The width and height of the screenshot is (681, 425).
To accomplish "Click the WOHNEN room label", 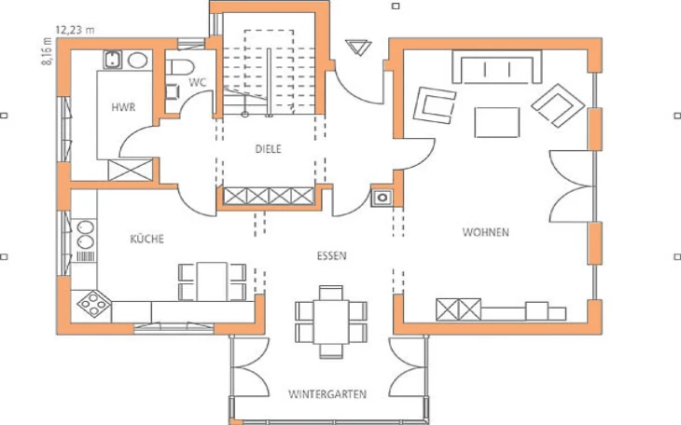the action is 485,232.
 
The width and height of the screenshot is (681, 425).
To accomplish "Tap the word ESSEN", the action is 332,255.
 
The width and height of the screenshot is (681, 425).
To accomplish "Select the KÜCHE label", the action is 146,239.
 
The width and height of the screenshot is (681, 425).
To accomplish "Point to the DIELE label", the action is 268,149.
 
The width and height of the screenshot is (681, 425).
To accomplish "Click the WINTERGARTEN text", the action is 327,394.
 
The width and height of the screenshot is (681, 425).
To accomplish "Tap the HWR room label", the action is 123,107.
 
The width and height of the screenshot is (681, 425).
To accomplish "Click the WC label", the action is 198,82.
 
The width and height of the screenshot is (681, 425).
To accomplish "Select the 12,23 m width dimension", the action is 75,30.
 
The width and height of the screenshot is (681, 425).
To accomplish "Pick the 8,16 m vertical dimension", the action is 47,51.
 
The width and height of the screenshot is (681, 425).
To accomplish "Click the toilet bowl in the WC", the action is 180,67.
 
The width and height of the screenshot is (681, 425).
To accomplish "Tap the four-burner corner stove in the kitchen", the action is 94,303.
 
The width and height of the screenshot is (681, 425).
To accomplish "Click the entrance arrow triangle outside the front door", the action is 358,47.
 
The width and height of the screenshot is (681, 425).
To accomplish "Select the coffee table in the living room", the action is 497,122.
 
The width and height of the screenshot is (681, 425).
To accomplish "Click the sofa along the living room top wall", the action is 497,66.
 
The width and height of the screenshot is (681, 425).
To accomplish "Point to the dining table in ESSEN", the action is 331,322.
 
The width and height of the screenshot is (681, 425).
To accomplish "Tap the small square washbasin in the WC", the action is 173,91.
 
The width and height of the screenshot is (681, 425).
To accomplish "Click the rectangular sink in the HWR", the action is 113,60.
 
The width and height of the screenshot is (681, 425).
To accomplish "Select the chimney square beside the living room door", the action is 382,198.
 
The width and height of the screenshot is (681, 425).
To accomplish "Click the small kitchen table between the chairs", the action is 212,281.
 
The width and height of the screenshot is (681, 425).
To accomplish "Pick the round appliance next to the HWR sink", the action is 138,61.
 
